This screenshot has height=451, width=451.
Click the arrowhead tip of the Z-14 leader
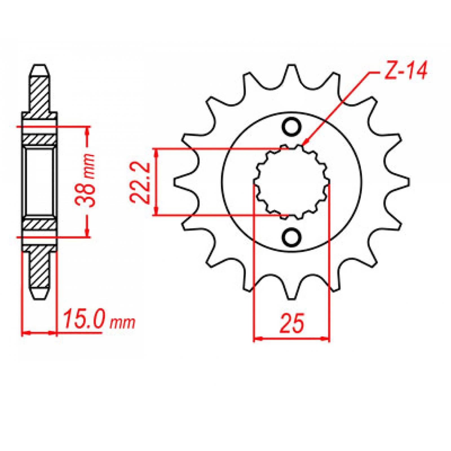[x=303, y=145]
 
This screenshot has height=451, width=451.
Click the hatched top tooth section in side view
[x=39, y=93]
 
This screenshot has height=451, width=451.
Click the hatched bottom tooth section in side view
[x=39, y=268]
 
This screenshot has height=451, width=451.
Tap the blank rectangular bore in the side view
[x=39, y=182]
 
